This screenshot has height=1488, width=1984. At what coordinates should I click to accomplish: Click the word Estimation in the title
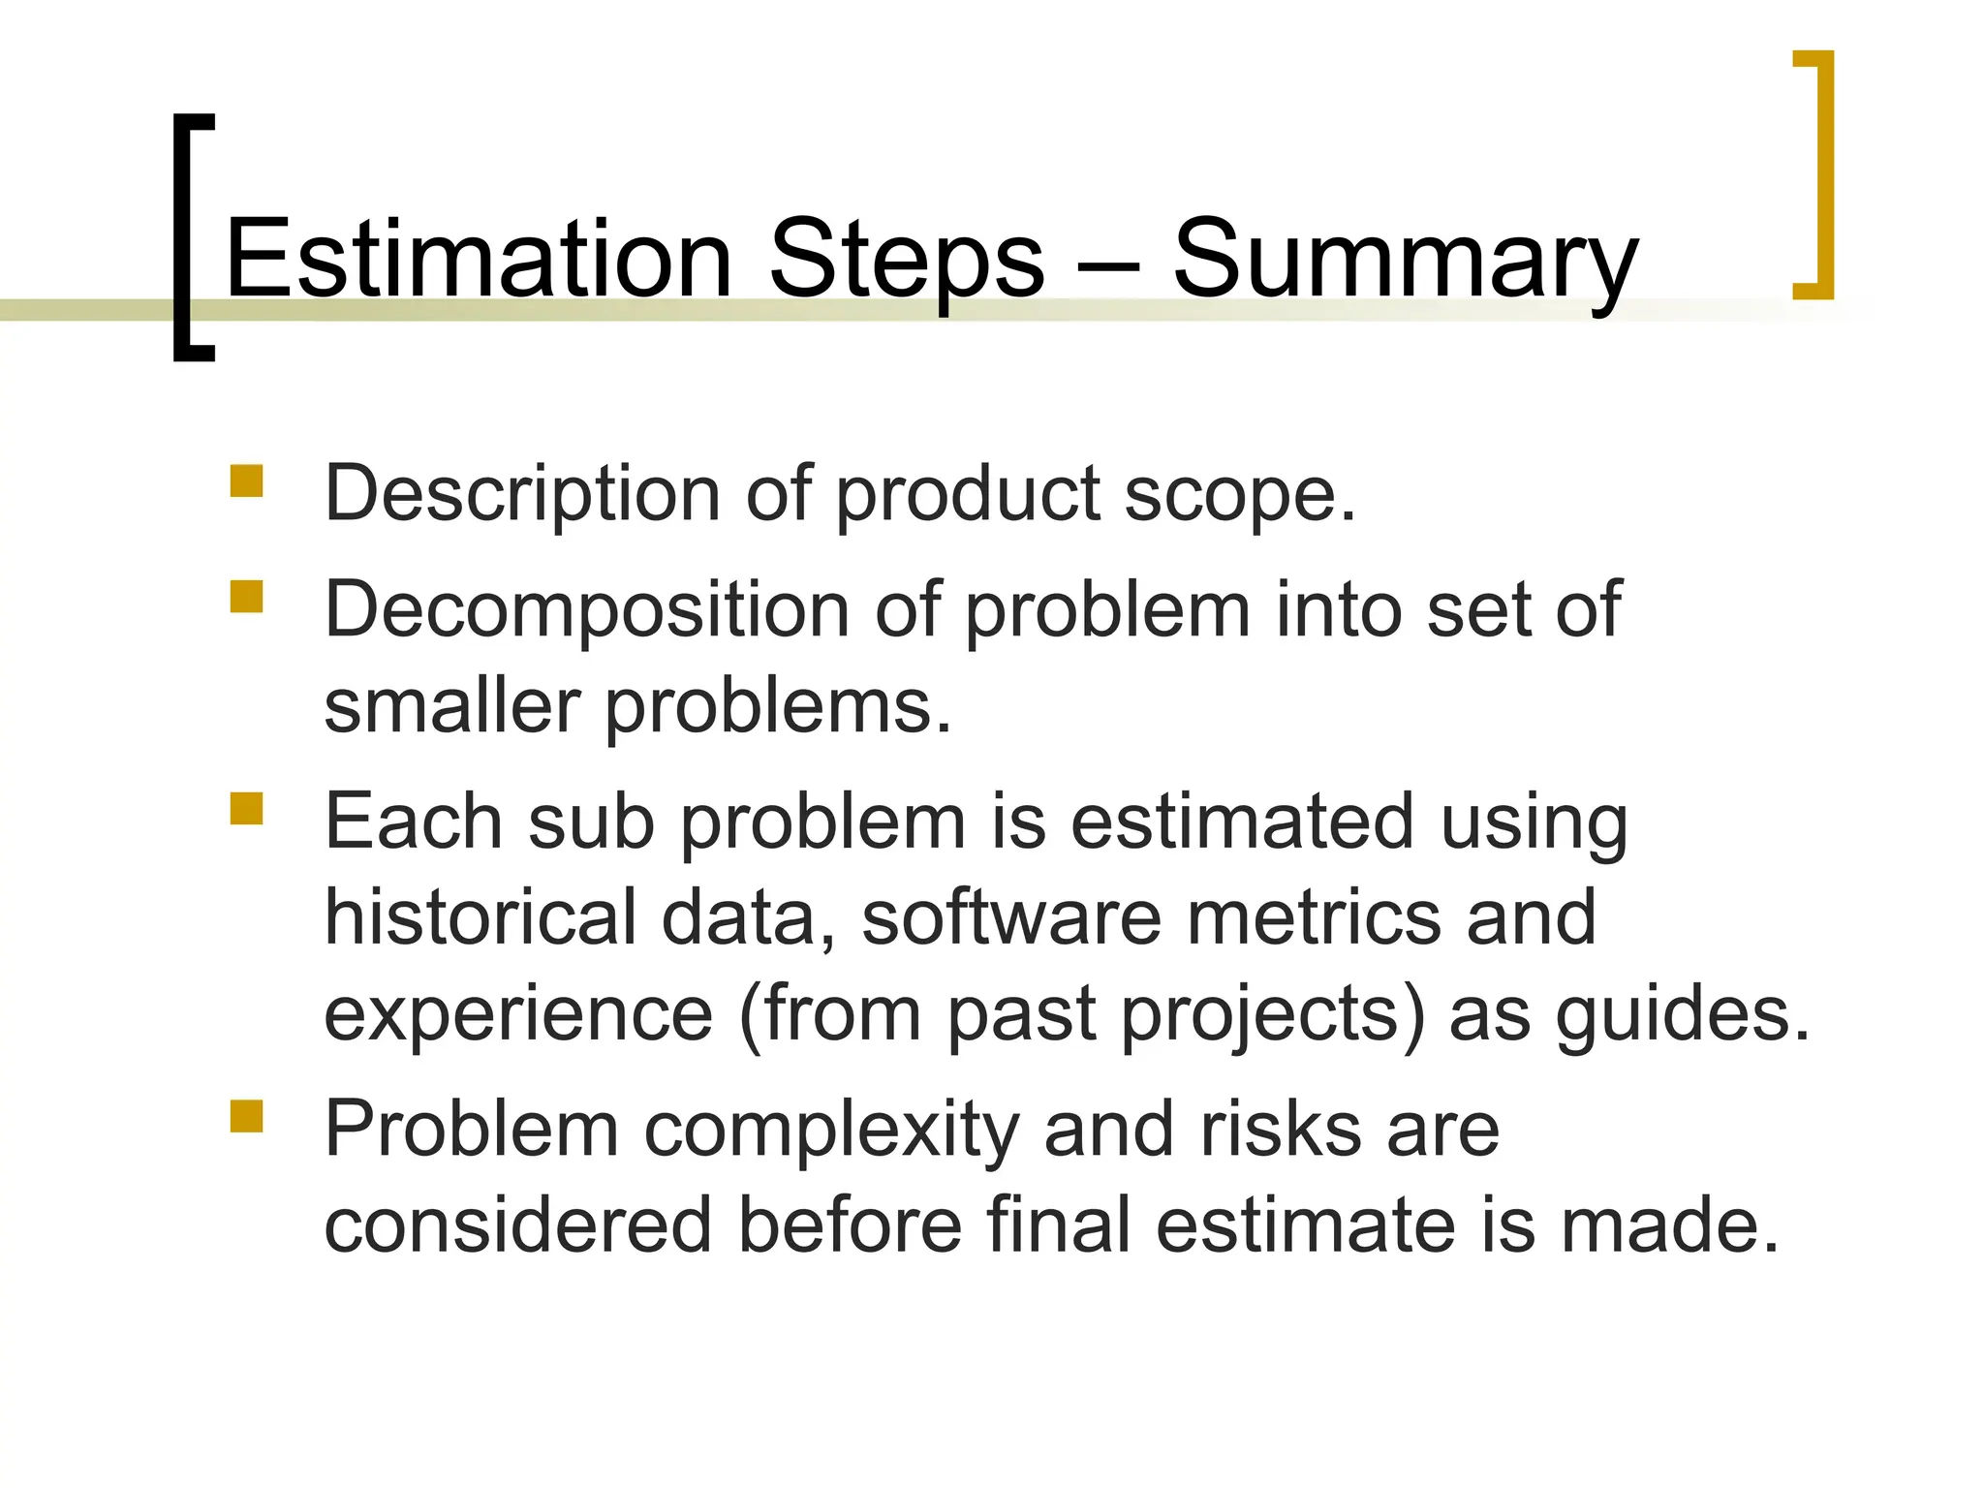[x=479, y=260]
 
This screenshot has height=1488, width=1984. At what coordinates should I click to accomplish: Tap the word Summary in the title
[x=1405, y=260]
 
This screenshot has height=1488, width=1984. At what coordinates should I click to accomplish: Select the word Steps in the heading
[x=907, y=260]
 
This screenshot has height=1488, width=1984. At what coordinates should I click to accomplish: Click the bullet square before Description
[x=247, y=481]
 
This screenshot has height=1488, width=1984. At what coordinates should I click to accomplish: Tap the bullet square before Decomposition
[x=247, y=597]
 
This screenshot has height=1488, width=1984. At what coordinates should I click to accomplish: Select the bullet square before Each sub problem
[x=247, y=809]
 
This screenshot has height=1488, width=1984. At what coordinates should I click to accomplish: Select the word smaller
[x=451, y=706]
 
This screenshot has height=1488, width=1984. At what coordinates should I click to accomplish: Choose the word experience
[x=518, y=1015]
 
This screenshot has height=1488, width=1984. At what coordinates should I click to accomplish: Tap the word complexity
[x=831, y=1131]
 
